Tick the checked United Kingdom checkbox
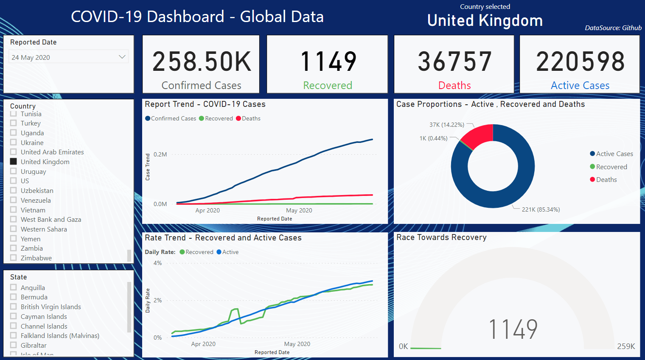pos(14,162)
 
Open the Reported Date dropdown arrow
pos(122,57)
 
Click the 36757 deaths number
pos(454,62)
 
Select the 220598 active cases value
pos(580,62)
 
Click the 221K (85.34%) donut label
pos(541,209)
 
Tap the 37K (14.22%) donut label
pos(446,125)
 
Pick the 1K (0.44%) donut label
pos(433,138)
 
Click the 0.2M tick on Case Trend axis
pos(160,154)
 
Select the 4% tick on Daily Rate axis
pos(157,263)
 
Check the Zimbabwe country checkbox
pos(14,258)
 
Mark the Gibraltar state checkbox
pos(14,345)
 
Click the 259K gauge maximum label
pos(626,346)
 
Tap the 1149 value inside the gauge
pos(513,329)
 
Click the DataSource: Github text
pos(613,28)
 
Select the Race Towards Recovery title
pos(441,237)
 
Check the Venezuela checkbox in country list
pos(14,200)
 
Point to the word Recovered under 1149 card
pos(327,86)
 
